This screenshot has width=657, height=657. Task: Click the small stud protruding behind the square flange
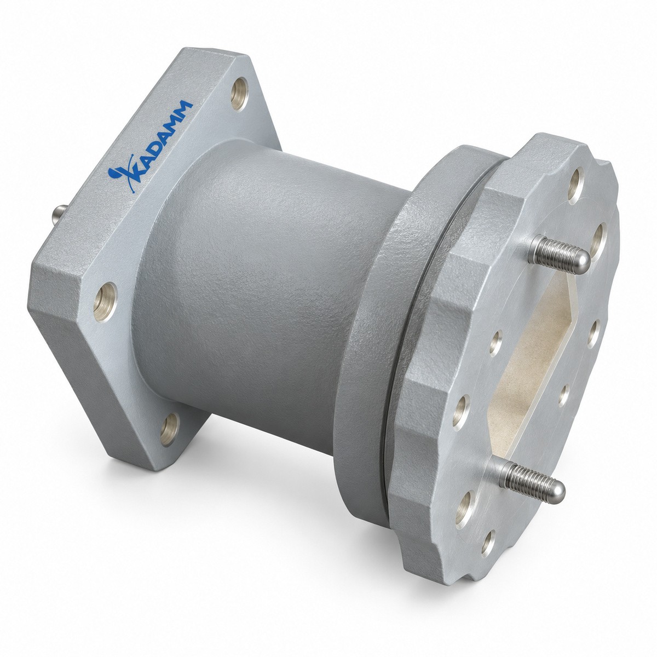click(59, 215)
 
